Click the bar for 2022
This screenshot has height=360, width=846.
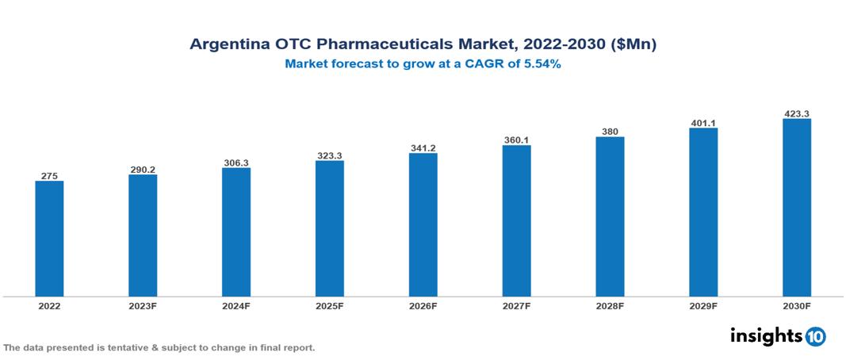pos(49,239)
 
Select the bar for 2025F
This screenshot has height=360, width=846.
pos(329,228)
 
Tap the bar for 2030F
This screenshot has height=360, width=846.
pos(796,208)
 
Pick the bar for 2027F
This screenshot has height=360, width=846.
pos(516,221)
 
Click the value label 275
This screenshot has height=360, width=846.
pos(49,175)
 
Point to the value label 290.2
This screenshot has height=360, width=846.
pos(143,169)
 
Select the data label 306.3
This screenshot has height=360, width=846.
pos(236,163)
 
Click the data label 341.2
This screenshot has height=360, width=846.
pos(423,147)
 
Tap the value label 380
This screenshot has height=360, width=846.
pos(610,132)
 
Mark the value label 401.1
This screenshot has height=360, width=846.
pos(703,123)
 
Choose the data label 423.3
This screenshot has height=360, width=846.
pos(796,113)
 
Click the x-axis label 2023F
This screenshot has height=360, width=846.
pos(143,305)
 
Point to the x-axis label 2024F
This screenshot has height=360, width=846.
pos(236,305)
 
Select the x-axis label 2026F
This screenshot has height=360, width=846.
pos(423,305)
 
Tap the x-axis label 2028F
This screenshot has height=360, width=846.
pos(610,305)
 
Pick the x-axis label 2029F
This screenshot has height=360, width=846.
pos(703,305)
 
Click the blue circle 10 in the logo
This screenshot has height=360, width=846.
pos(815,336)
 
